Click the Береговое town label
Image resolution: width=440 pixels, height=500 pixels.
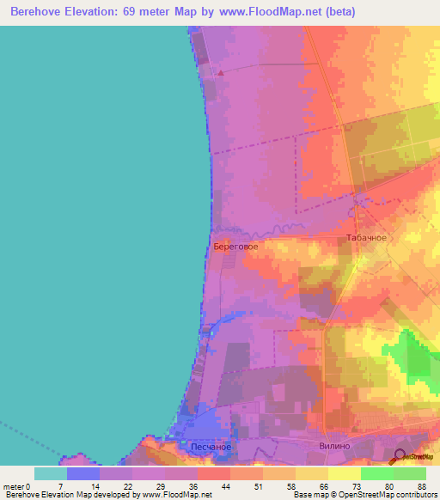[x=235, y=245]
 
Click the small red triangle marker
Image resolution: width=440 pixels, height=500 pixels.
[x=220, y=73]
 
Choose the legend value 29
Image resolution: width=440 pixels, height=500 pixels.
[x=136, y=486]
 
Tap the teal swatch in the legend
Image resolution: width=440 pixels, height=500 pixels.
[x=51, y=473]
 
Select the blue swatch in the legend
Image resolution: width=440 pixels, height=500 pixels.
[x=83, y=473]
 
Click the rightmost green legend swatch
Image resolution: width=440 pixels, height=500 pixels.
[x=410, y=473]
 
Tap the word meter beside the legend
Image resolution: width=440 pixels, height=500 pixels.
[x=15, y=486]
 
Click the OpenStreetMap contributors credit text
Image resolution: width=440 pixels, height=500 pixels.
[x=378, y=495]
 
